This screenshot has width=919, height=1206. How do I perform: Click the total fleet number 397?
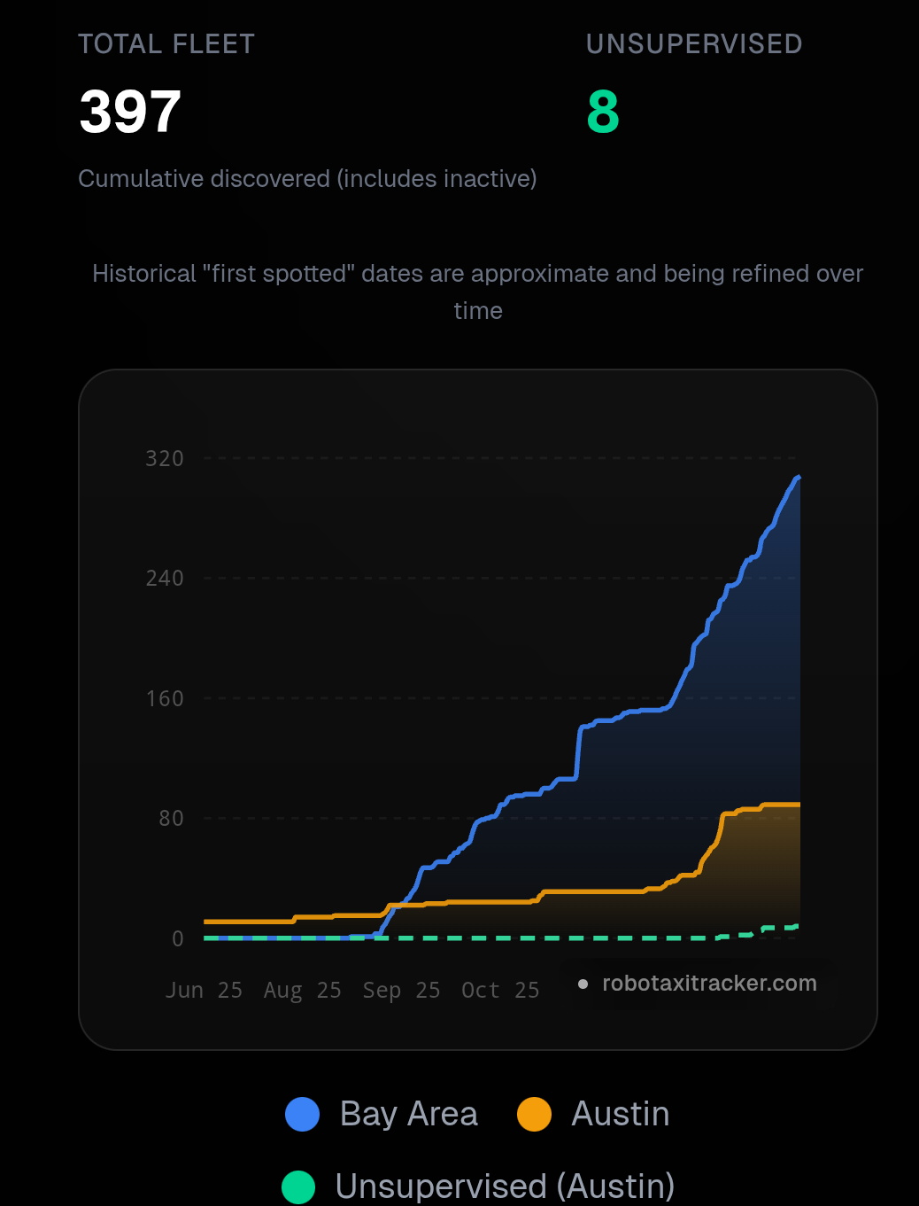pos(130,113)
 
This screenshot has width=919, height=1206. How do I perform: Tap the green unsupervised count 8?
pos(603,113)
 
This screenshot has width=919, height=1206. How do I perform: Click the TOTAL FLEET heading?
pos(166,44)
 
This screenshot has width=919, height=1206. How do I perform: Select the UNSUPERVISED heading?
pos(694,44)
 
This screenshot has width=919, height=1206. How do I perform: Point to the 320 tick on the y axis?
pos(165,459)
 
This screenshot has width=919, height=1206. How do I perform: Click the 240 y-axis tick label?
pos(165,579)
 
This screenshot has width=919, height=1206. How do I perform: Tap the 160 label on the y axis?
pos(165,699)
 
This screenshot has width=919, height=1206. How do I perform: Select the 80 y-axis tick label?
pos(171,819)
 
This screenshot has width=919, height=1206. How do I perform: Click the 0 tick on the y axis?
pos(178,939)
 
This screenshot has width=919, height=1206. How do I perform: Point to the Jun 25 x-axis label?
pos(204,991)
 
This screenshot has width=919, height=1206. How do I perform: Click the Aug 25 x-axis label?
pos(303,991)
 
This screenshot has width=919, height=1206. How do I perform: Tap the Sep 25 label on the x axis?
pos(401,991)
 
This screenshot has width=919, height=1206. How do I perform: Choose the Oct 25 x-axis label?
pos(500,991)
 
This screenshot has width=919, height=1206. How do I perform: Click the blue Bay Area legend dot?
pos(303,1115)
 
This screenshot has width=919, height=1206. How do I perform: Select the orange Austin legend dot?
pos(534,1115)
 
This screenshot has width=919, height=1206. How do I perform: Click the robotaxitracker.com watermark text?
pos(709,984)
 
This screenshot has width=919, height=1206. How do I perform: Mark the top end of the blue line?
pos(799,478)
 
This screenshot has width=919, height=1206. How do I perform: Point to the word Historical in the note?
pos(144,274)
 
